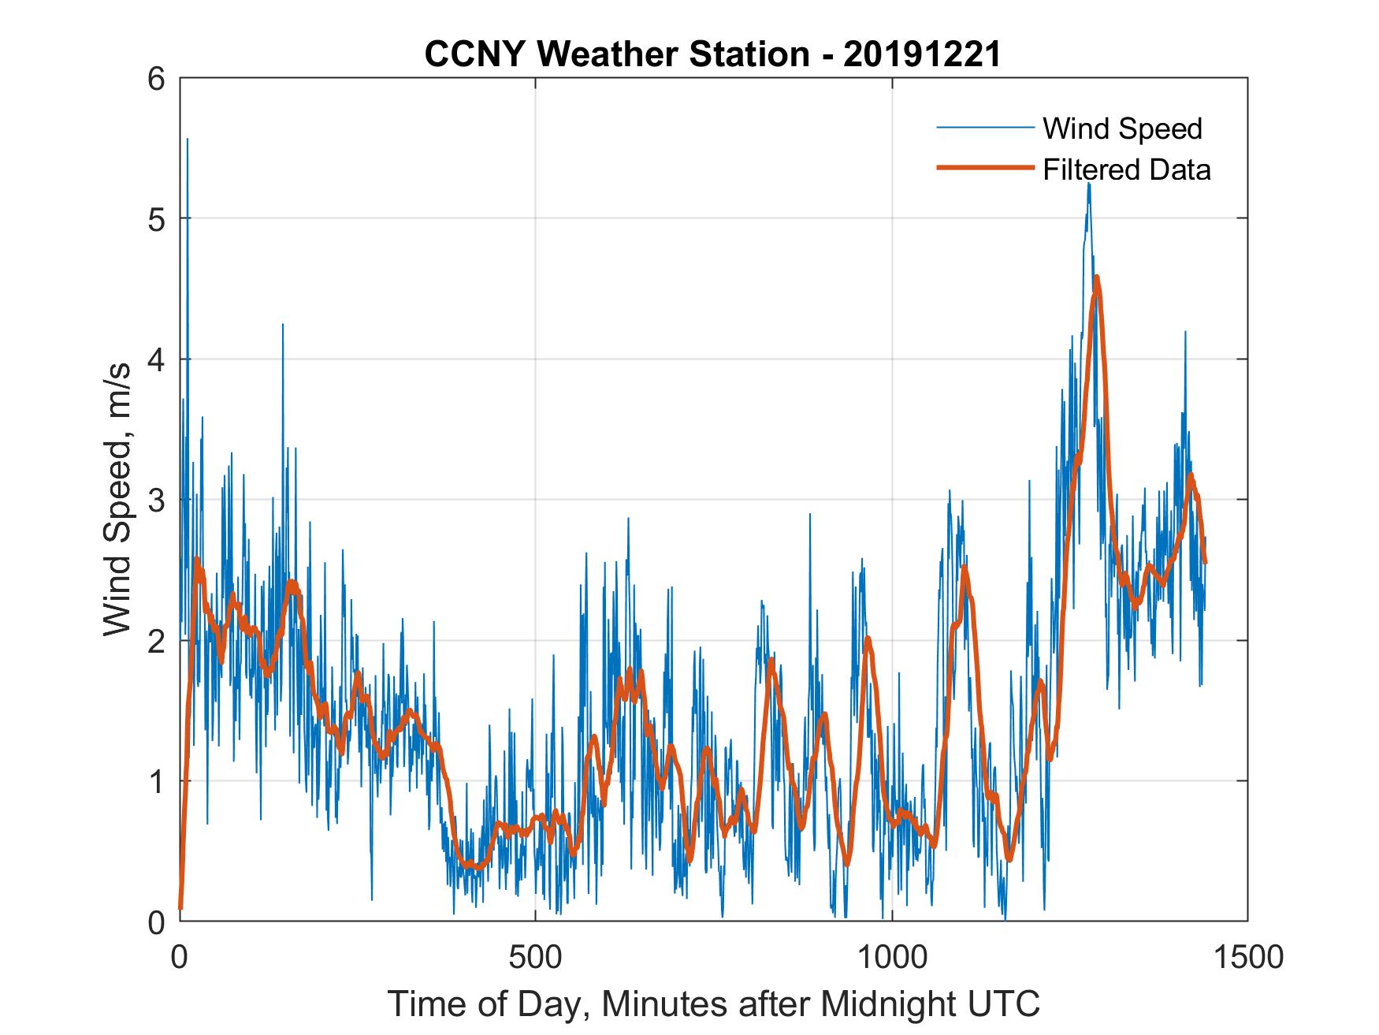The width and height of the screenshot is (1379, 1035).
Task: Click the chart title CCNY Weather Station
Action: [617, 54]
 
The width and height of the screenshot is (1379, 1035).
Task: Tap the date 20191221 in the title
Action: [922, 54]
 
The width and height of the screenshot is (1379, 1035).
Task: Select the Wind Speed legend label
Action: [1122, 128]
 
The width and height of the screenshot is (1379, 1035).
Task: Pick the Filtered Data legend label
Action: [1126, 169]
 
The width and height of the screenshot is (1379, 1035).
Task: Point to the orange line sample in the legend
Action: [984, 168]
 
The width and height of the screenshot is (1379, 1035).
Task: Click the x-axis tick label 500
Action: [535, 957]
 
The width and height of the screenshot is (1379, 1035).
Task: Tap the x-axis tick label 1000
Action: [892, 957]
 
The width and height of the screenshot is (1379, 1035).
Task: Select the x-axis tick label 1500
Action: [1247, 957]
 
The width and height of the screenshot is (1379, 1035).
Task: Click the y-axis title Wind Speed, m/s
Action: [118, 500]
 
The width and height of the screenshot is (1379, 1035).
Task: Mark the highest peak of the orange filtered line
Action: [1096, 277]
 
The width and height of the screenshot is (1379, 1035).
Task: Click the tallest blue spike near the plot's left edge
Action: [187, 140]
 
